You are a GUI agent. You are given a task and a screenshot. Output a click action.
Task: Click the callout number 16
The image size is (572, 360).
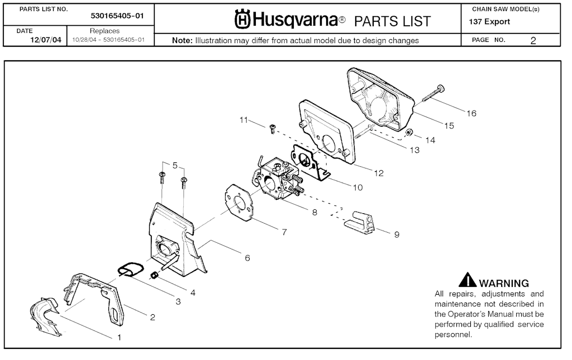(471, 113)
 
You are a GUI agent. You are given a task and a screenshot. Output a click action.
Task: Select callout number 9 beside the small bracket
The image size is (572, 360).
(397, 234)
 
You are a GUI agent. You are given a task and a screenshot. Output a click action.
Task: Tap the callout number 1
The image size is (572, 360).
(119, 337)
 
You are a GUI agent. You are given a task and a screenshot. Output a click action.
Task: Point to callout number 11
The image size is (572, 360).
(243, 119)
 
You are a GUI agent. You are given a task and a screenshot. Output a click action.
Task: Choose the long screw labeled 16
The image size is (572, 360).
(432, 93)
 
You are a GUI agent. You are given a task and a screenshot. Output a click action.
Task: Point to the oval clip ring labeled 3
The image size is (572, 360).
(131, 270)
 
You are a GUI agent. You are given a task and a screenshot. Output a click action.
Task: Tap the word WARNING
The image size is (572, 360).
(504, 284)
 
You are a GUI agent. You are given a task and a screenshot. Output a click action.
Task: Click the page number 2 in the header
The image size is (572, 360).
(533, 40)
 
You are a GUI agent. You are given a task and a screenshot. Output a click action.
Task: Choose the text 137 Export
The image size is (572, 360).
(490, 22)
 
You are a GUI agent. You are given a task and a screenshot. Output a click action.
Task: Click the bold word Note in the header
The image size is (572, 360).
(182, 40)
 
